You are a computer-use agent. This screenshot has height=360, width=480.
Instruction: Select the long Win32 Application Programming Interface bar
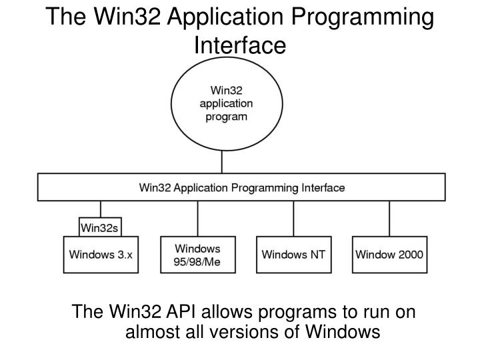coord(241,187)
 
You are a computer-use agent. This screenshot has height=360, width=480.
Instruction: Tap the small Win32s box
coord(99,227)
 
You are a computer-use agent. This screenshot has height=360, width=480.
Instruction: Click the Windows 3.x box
coord(101,254)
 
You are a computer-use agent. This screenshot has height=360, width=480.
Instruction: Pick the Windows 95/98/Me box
coord(197,254)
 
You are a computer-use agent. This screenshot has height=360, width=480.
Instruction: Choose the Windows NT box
coord(293,254)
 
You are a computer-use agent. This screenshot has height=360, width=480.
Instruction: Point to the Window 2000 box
coord(389,254)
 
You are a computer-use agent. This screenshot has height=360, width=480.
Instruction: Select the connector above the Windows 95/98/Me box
coord(197,218)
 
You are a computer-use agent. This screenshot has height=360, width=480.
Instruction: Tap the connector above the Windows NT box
coord(293,218)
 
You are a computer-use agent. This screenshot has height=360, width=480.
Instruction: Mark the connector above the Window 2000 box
coord(389,218)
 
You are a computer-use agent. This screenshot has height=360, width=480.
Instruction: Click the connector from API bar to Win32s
coord(100,209)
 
